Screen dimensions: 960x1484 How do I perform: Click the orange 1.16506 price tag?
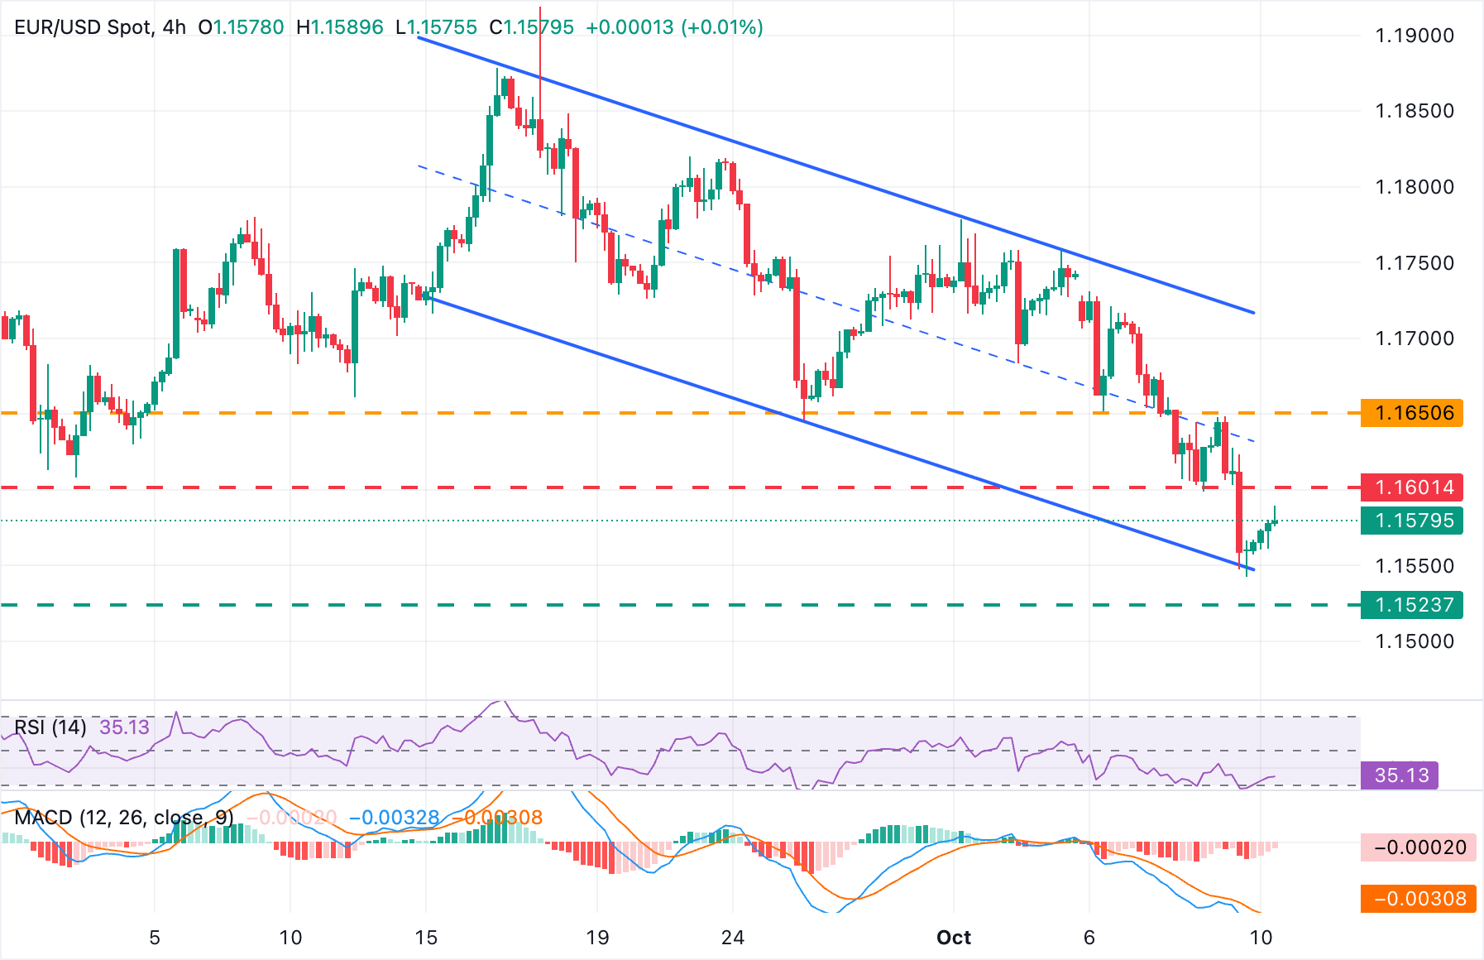[x=1412, y=413]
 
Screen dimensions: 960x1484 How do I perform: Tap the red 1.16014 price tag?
[x=1412, y=487]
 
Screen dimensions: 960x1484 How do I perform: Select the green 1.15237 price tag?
[x=1412, y=605]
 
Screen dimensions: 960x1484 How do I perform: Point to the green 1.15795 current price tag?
[x=1412, y=521]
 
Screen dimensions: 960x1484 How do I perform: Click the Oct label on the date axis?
[x=953, y=938]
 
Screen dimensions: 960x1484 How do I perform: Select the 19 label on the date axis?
[x=597, y=938]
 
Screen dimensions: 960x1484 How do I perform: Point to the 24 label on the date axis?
[x=732, y=938]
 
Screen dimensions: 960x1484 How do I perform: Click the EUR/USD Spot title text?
[x=84, y=27]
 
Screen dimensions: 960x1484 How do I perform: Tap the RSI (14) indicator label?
[x=50, y=727]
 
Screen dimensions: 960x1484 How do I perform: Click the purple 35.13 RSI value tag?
[x=1401, y=775]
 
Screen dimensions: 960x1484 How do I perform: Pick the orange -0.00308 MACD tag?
[x=1419, y=899]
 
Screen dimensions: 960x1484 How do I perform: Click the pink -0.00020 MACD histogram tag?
[x=1419, y=847]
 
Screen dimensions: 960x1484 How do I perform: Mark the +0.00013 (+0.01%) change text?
[x=674, y=27]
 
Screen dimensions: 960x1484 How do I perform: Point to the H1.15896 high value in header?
[x=340, y=27]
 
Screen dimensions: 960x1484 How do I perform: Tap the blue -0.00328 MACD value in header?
[x=394, y=818]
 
